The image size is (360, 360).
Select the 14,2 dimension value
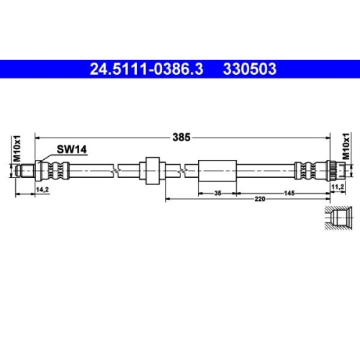click(42, 189)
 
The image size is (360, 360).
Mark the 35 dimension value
click(217, 194)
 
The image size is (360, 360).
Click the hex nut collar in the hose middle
click(152, 171)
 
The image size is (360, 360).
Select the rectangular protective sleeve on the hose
click(217, 171)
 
